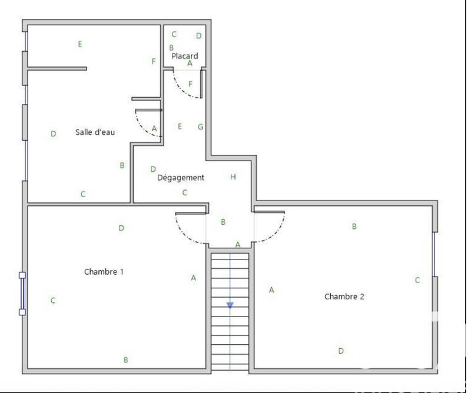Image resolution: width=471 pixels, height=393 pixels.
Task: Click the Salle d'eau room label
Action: tap(95, 132)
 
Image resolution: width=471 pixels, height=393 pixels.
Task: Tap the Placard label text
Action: tap(185, 56)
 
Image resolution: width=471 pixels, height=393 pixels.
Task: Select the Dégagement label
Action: tap(181, 177)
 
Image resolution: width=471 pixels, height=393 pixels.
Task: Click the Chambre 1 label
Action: tap(104, 272)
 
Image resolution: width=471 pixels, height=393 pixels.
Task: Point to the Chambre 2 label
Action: tap(344, 297)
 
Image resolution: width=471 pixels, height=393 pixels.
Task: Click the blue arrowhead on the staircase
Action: tap(230, 305)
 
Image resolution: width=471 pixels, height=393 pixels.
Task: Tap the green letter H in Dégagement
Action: tap(233, 176)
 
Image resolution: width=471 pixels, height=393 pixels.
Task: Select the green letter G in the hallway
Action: tap(201, 126)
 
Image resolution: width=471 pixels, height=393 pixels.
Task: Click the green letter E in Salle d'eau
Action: tap(80, 44)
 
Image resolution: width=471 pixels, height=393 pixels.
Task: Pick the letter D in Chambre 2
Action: tap(341, 351)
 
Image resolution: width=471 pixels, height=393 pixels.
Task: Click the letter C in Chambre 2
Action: tap(417, 280)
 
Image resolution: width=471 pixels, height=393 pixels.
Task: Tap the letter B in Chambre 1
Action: tap(126, 359)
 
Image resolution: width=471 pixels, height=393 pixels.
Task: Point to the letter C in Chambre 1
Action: tap(53, 301)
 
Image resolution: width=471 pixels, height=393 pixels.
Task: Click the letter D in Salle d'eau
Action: tap(53, 134)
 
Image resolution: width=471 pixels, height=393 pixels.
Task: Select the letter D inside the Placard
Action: tap(198, 35)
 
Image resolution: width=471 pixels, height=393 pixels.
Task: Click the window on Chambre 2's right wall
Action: tap(434, 254)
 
